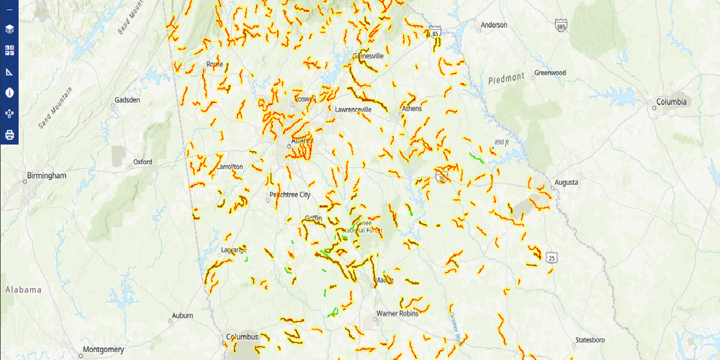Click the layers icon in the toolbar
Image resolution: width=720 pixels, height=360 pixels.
(9, 30)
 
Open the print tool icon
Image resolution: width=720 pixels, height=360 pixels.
(9, 135)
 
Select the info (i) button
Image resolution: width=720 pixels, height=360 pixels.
(9, 92)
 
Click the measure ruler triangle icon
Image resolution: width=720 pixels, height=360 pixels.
(9, 71)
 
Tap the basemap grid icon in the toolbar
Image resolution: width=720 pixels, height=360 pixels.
(9, 50)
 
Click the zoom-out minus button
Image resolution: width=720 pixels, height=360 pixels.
(9, 9)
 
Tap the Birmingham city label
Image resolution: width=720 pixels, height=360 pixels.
(46, 176)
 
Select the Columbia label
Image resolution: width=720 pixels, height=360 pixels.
(671, 102)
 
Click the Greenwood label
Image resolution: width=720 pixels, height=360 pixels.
(550, 73)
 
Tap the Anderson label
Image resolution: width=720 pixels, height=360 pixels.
(494, 25)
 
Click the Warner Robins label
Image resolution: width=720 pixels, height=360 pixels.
(397, 314)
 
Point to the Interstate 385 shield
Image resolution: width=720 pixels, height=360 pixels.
(560, 26)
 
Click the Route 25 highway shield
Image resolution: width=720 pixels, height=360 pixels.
(552, 257)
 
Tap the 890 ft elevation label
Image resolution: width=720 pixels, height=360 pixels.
(501, 143)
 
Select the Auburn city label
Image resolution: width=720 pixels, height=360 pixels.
(182, 315)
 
